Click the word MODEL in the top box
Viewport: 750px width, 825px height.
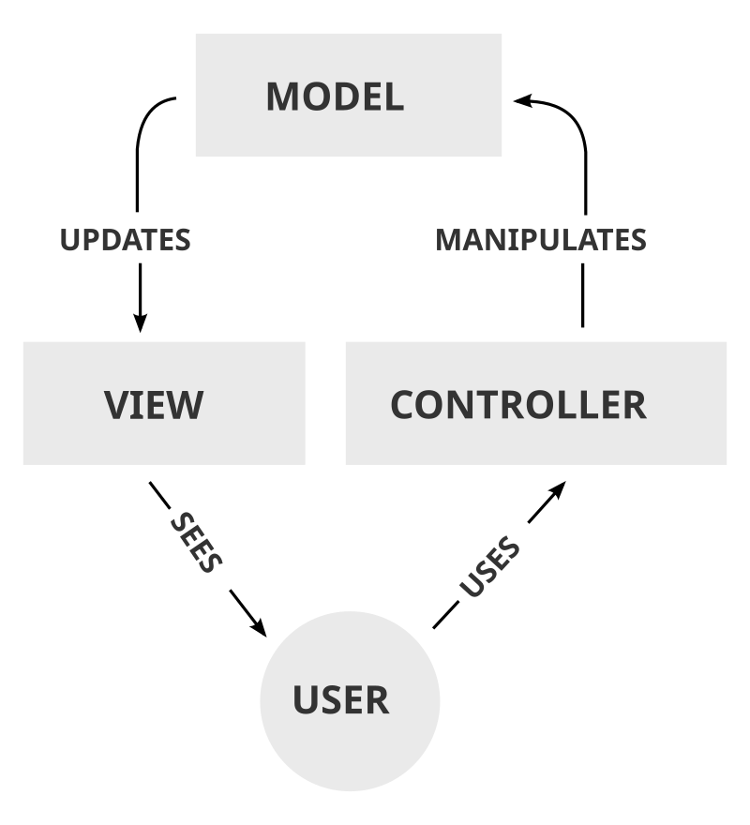coord(335,97)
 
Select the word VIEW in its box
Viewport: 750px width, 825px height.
coord(154,404)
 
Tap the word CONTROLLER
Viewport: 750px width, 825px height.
coord(517,404)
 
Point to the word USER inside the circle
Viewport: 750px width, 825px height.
coord(340,700)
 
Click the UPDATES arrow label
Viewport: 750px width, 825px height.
coord(126,240)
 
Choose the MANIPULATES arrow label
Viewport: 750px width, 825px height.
coord(541,240)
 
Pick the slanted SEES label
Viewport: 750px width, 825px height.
coord(197,543)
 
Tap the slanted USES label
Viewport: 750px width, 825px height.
coord(489,567)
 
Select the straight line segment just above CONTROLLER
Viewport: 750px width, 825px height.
coord(582,294)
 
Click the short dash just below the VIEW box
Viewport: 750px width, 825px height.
coord(159,493)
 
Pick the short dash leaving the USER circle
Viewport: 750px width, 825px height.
coord(445,616)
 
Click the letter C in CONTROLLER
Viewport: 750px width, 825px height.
coord(403,404)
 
